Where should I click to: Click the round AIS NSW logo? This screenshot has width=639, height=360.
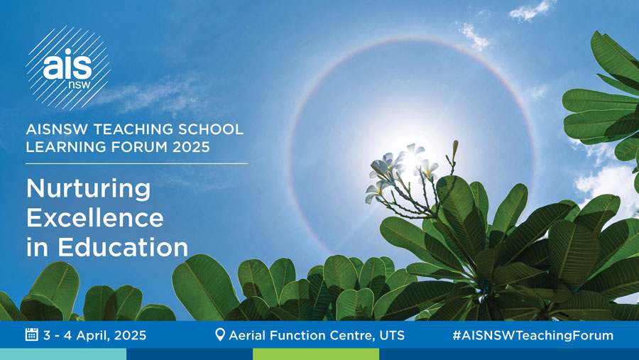[68, 68]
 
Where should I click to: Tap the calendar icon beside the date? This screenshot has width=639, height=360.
[32, 334]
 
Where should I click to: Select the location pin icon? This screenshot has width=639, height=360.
[219, 334]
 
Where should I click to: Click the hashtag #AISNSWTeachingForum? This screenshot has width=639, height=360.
[533, 335]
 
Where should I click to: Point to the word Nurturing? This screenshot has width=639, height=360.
[89, 189]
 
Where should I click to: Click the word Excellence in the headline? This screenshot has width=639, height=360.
[95, 218]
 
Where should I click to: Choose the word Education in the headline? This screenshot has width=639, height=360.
[123, 246]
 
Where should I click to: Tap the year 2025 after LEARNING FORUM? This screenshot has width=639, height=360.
[191, 147]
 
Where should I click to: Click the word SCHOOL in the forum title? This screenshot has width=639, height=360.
[211, 129]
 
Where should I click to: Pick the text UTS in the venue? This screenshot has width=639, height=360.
[392, 335]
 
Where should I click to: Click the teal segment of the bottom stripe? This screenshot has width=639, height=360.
[63, 354]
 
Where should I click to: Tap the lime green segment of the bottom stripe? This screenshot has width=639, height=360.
[316, 354]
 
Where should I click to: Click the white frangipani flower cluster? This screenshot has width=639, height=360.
[401, 171]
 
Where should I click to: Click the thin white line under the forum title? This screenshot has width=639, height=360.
[136, 163]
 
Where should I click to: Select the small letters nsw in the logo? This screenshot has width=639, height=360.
[80, 84]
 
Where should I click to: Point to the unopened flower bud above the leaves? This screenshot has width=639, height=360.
[455, 147]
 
